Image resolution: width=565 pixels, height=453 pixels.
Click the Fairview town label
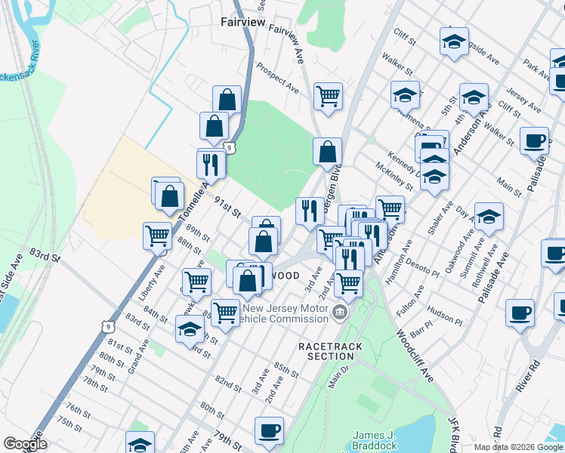tap(242, 23)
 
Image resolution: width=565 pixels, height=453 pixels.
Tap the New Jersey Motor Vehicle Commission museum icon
tap(340, 313)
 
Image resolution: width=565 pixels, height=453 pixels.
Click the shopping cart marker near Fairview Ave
tap(328, 96)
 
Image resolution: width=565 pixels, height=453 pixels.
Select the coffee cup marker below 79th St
tap(269, 430)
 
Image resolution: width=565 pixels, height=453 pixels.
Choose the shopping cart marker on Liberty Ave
tap(157, 235)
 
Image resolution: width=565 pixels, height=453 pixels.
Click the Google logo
tap(25, 444)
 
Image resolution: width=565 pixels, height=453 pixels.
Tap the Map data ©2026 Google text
tap(518, 447)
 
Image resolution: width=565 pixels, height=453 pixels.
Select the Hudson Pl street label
tap(445, 309)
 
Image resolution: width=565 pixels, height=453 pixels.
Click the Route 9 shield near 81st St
tap(106, 324)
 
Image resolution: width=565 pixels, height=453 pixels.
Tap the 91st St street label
tap(226, 205)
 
